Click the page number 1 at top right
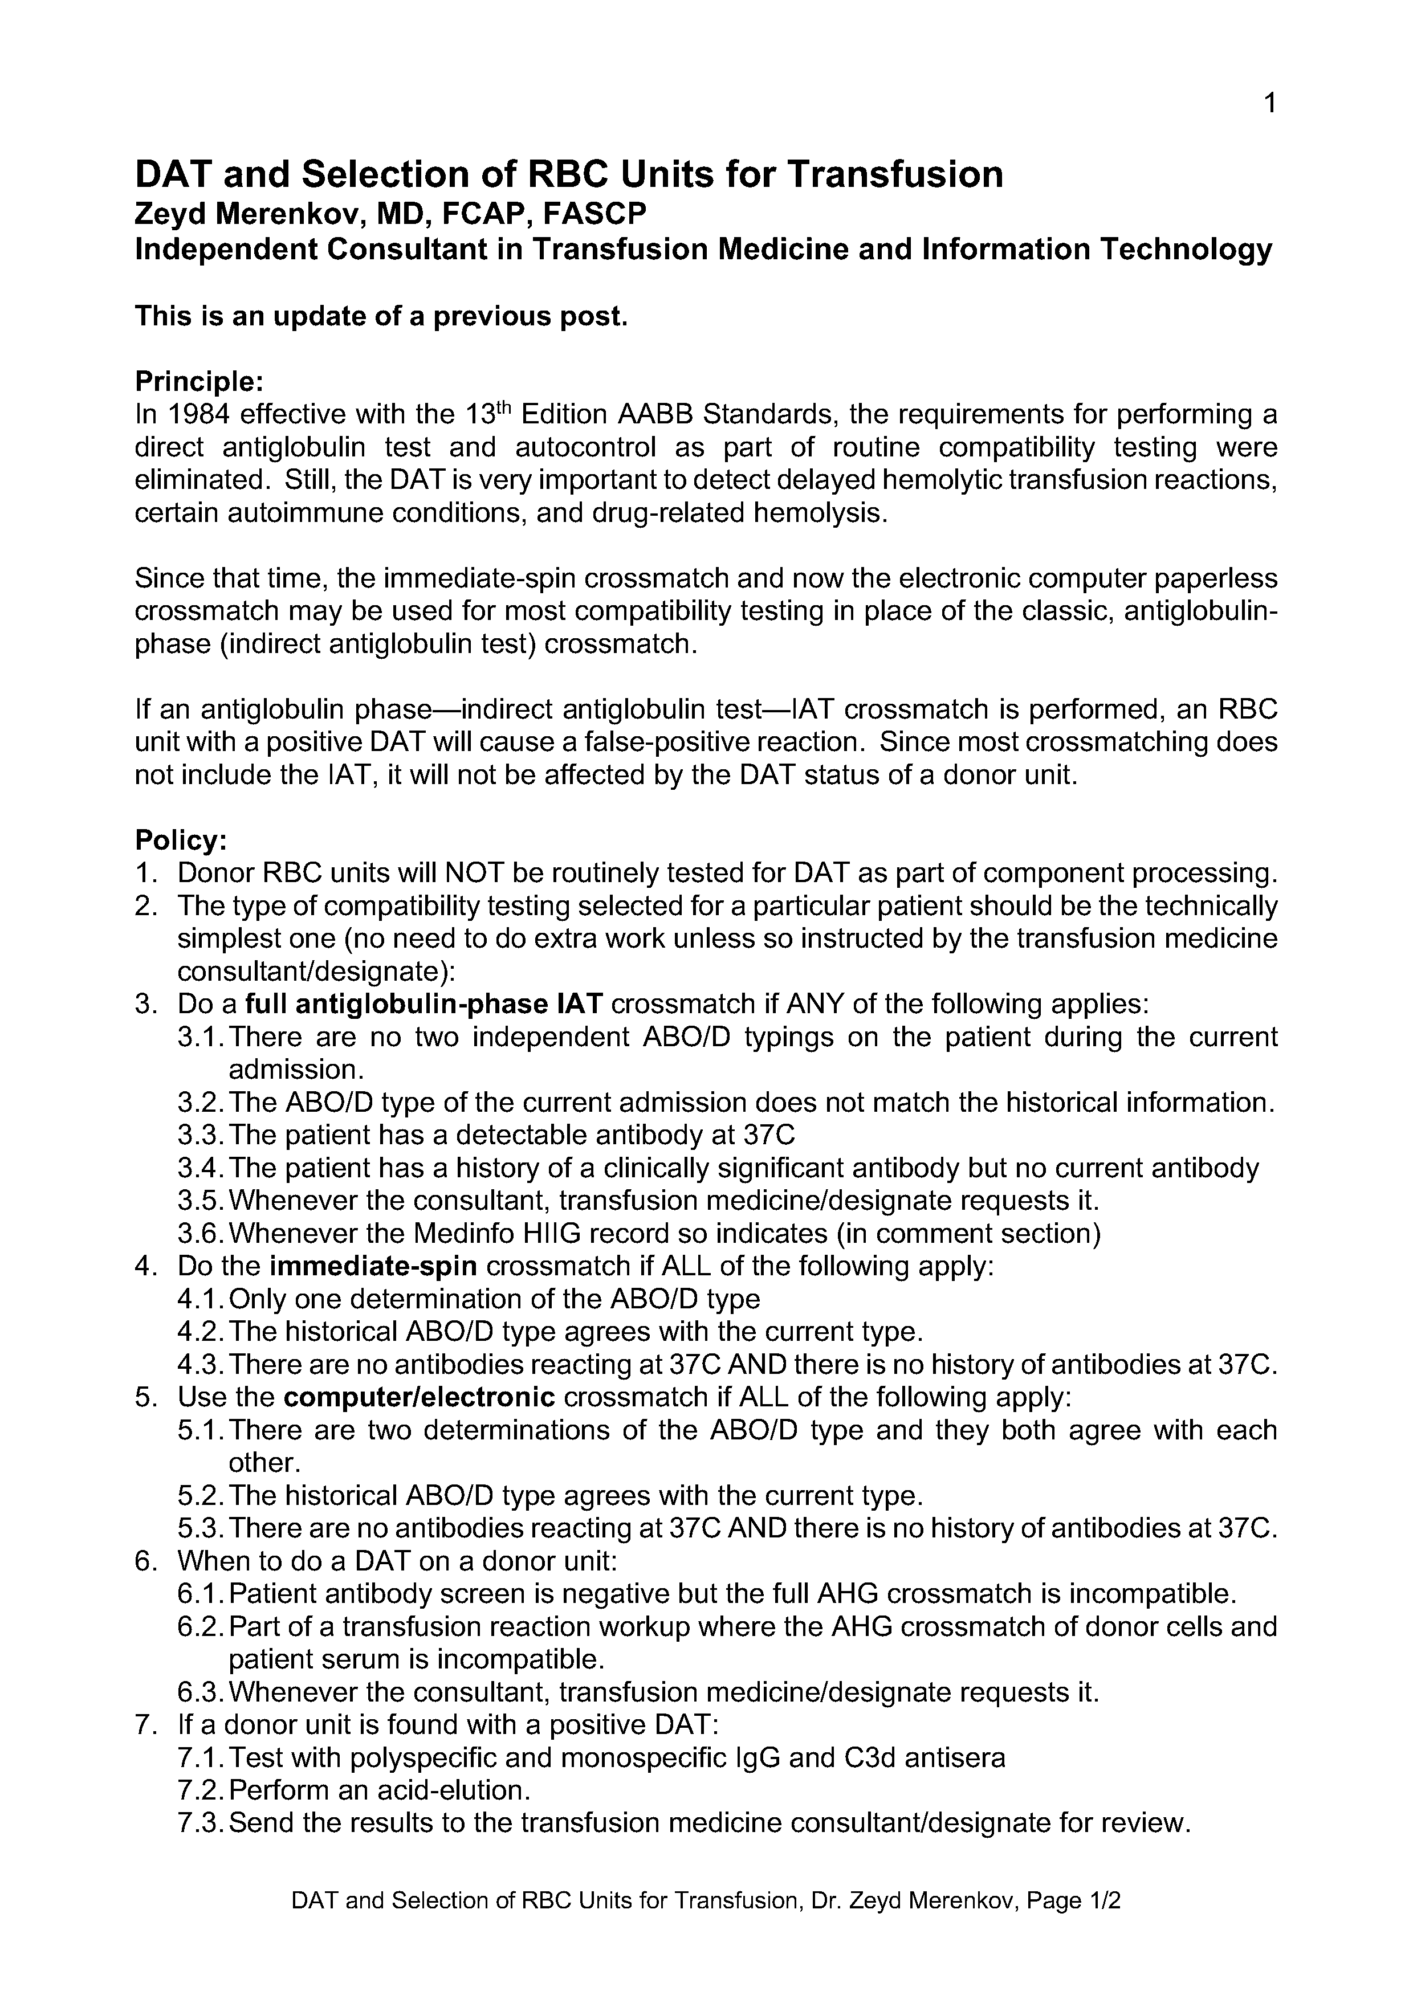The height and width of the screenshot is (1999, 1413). coord(1271,104)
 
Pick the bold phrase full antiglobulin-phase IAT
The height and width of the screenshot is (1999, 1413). coord(424,1005)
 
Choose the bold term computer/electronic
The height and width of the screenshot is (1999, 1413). coord(420,1397)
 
